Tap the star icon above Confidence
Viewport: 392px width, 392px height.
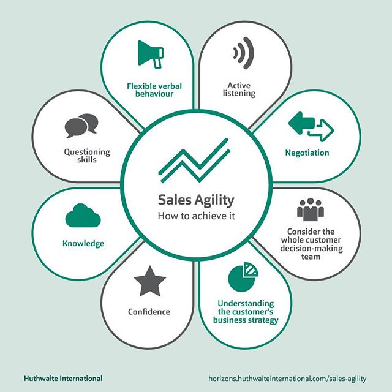(x=149, y=282)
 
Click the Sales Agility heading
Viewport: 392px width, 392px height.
(x=196, y=200)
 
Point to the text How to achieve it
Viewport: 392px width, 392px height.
(x=196, y=216)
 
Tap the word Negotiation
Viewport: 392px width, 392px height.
(x=307, y=153)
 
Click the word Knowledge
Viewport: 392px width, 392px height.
(x=83, y=243)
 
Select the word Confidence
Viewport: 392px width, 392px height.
(x=149, y=311)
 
